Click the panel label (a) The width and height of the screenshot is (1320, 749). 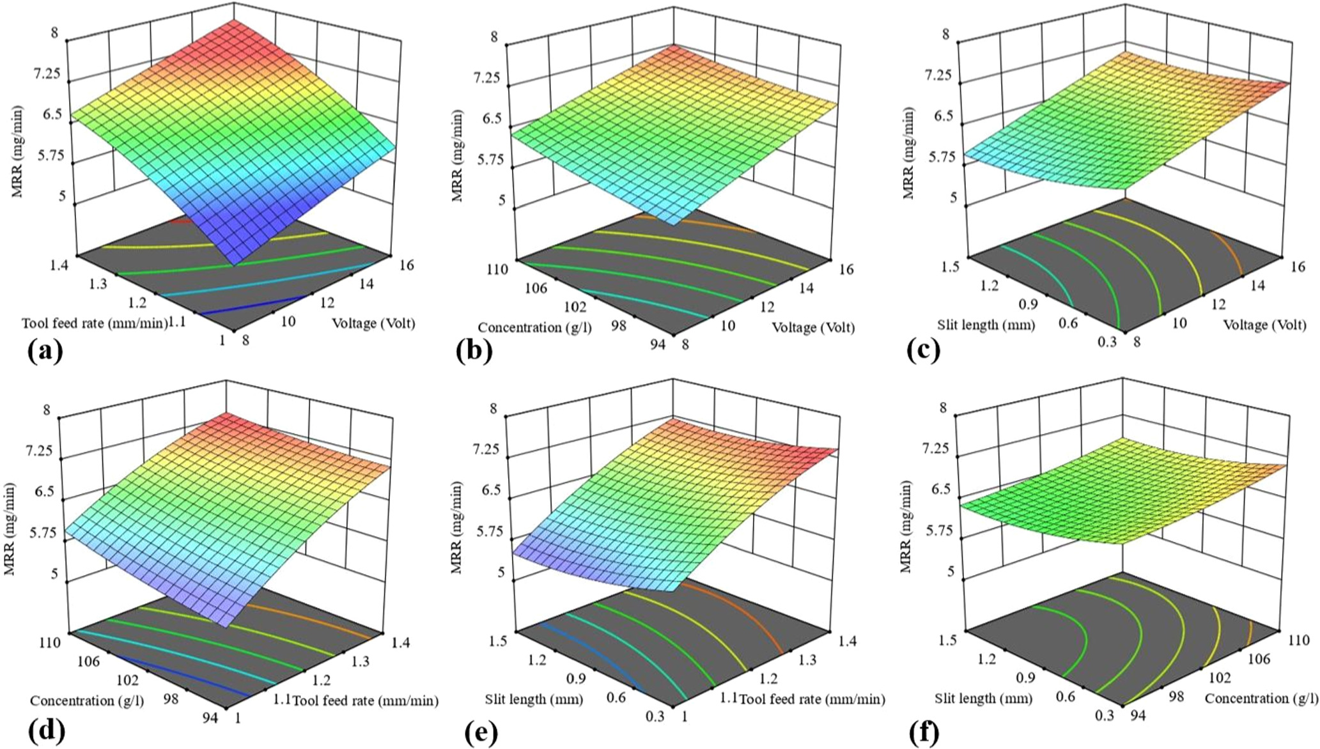[x=45, y=351]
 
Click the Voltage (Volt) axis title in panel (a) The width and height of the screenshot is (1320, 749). [x=374, y=323]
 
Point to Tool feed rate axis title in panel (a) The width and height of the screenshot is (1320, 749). [x=95, y=323]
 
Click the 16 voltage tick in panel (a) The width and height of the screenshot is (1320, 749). [x=405, y=264]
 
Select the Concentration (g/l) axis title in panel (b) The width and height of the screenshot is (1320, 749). [x=535, y=328]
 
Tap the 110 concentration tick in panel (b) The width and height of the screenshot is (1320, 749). [x=496, y=269]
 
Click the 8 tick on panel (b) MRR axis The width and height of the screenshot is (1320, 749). [x=494, y=36]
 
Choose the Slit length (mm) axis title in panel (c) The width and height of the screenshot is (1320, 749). [x=986, y=325]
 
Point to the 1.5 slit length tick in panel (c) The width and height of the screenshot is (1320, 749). [x=951, y=266]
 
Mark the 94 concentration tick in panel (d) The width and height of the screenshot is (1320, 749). [x=210, y=718]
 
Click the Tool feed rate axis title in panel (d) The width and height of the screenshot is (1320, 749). [x=365, y=701]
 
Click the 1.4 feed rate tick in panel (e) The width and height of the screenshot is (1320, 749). [x=848, y=642]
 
